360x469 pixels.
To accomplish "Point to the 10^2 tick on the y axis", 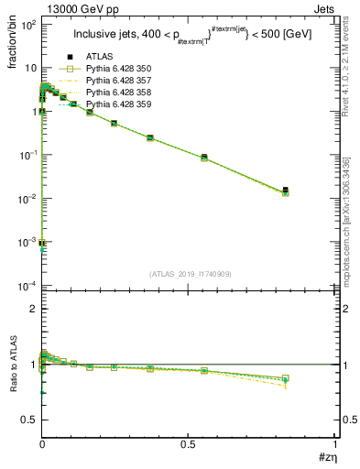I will click(x=28, y=25).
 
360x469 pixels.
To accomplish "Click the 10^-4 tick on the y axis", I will click(x=28, y=286).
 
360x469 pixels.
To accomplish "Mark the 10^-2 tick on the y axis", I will click(x=28, y=199).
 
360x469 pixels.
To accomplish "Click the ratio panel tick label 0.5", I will click(x=27, y=420).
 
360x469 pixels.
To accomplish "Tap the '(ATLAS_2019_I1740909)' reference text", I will click(x=190, y=275).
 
